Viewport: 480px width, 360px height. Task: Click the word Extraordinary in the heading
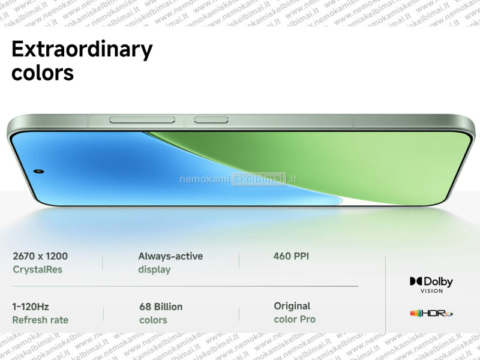[x=82, y=50]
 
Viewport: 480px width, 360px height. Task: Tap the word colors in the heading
[x=43, y=73]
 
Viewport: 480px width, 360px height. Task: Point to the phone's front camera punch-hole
[x=39, y=171]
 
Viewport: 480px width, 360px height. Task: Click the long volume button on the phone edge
[x=142, y=119]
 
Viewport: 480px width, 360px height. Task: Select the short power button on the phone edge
[x=211, y=119]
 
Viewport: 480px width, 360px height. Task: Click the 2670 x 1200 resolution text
[x=40, y=256]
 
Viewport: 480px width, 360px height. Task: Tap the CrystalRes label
[x=37, y=269]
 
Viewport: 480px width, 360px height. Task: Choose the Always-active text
[x=170, y=256]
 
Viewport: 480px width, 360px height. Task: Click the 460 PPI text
[x=291, y=256]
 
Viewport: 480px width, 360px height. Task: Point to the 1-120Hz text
[x=31, y=307]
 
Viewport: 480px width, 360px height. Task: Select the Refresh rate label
[x=40, y=320]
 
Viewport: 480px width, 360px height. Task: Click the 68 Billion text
[x=161, y=307]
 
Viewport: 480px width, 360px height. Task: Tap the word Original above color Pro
[x=292, y=306]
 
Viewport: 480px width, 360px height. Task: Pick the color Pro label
[x=295, y=319]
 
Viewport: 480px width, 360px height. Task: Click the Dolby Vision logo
[x=431, y=285]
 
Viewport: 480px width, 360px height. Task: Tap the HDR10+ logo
[x=431, y=313]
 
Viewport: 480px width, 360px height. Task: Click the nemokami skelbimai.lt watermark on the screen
[x=238, y=179]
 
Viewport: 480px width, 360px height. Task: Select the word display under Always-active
[x=154, y=269]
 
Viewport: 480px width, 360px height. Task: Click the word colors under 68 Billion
[x=153, y=320]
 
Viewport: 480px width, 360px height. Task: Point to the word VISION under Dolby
[x=431, y=291]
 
